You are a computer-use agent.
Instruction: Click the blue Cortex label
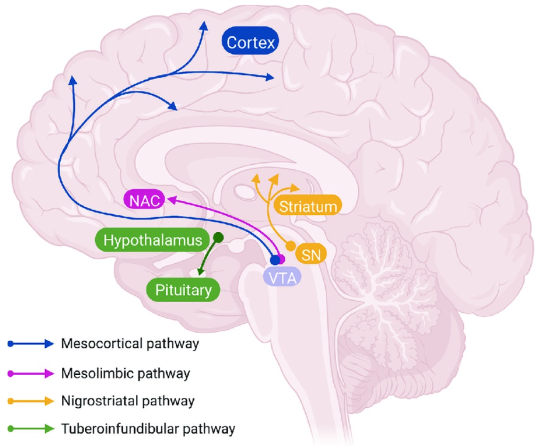(x=250, y=42)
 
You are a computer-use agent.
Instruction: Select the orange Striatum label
(x=308, y=206)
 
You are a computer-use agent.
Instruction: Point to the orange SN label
(x=311, y=254)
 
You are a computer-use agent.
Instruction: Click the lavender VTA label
(x=282, y=278)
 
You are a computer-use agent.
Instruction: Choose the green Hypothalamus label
(x=152, y=240)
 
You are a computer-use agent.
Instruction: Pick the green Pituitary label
(x=183, y=290)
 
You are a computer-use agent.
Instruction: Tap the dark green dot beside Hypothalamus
(x=219, y=237)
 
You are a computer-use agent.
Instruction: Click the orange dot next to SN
(x=291, y=246)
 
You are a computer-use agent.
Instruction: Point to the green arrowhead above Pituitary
(x=200, y=272)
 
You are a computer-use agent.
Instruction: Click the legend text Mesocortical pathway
(x=130, y=344)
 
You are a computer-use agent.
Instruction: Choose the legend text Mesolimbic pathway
(x=125, y=373)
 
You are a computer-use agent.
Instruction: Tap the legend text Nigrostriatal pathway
(x=128, y=401)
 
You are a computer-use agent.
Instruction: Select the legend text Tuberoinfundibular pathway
(x=148, y=429)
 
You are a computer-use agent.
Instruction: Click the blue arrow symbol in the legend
(x=31, y=344)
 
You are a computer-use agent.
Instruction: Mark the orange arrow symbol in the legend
(x=31, y=401)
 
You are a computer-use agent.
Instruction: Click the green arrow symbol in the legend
(x=31, y=429)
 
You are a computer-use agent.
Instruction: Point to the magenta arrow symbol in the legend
(x=31, y=374)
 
